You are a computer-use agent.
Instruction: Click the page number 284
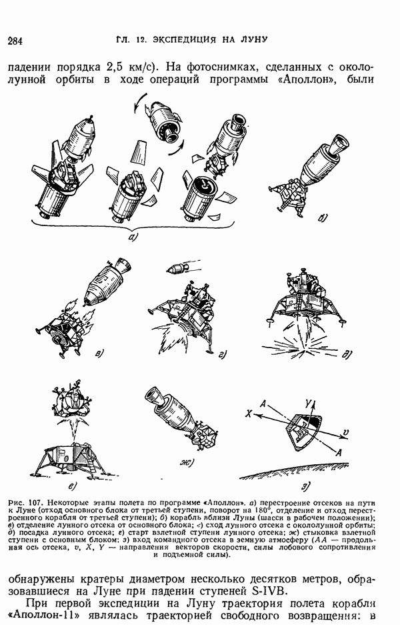coord(15,41)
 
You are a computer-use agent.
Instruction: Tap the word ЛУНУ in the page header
coord(254,39)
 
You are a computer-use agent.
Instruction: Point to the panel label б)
coord(323,217)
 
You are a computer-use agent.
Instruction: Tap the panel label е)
coord(72,486)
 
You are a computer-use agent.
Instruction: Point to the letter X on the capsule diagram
coord(249,414)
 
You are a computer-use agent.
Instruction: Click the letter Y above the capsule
coord(308,404)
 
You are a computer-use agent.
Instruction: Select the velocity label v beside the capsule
coord(345,432)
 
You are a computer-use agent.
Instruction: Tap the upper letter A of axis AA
coord(263,404)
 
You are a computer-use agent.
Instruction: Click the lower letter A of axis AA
coord(339,452)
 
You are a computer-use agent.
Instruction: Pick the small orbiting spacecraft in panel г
coord(177,268)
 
